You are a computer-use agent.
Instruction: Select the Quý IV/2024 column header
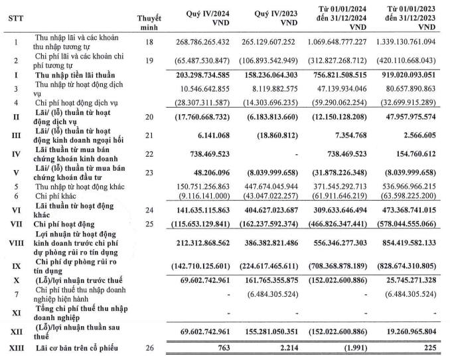tap(202, 13)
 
